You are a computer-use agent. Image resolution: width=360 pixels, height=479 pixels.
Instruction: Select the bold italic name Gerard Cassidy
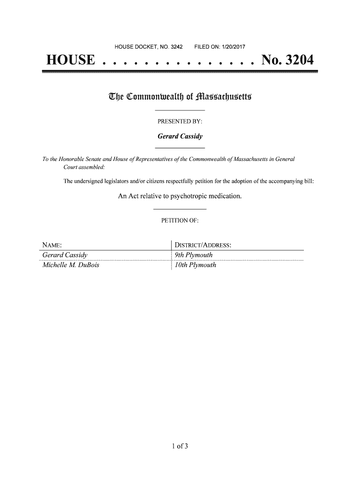pos(180,137)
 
